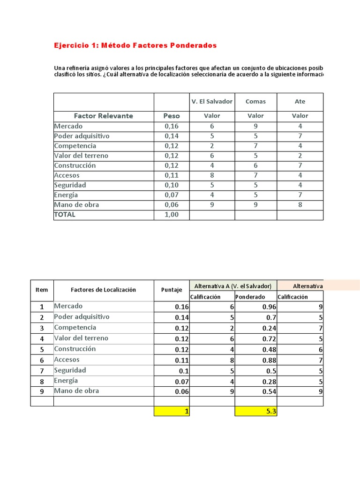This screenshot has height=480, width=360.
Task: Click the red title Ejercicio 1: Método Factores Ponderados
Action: point(135,45)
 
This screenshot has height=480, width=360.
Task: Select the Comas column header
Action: point(255,101)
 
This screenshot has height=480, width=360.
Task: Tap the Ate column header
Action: point(300,101)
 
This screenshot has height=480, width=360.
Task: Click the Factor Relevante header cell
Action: point(104,116)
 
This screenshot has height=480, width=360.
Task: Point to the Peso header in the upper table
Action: point(172,116)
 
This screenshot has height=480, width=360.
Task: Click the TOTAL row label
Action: point(65,215)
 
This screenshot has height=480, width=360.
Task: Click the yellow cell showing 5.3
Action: point(256,411)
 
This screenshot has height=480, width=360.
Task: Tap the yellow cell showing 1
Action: point(172,411)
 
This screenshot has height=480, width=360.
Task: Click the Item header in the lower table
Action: point(42,290)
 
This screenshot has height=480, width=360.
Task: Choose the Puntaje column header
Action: point(172,290)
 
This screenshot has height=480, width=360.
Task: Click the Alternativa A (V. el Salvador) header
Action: point(233,285)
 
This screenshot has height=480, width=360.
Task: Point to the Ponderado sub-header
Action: point(250,297)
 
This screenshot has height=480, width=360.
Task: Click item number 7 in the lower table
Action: point(42,370)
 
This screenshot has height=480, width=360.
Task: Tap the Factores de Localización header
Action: point(104,290)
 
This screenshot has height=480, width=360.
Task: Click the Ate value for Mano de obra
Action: point(300,205)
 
